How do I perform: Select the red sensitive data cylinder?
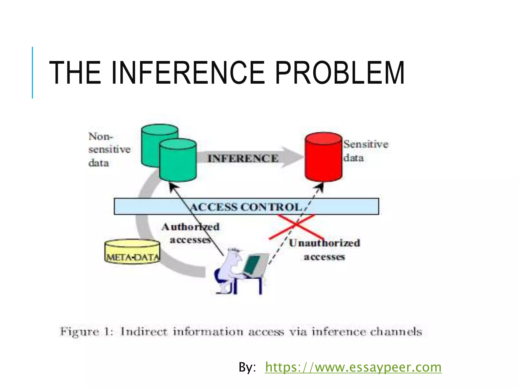[x=323, y=158]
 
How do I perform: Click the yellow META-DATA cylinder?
[x=132, y=252]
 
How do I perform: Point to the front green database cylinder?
[x=178, y=162]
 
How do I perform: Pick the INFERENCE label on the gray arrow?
[x=243, y=159]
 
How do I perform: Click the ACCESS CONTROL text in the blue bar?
[x=246, y=207]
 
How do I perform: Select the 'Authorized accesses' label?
[x=190, y=233]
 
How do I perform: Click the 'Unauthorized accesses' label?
[x=325, y=250]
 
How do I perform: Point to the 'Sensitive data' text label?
[x=365, y=151]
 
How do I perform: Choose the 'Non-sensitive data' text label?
[x=109, y=150]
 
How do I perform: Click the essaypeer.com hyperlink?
[x=353, y=367]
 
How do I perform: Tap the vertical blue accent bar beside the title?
[x=32, y=72]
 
